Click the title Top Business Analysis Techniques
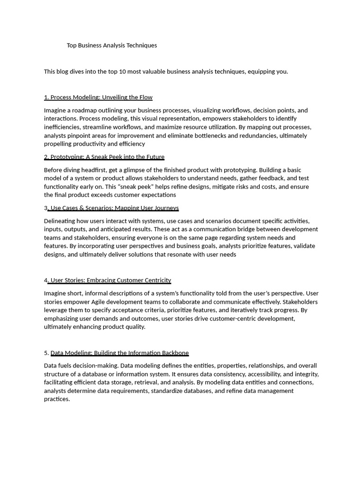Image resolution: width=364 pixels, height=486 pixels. tap(112, 46)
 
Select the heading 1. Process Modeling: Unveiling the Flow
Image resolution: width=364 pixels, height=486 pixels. tap(98, 97)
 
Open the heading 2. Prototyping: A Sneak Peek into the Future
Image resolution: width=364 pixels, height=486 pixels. tap(104, 157)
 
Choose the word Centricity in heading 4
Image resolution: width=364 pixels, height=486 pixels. tap(156, 280)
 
